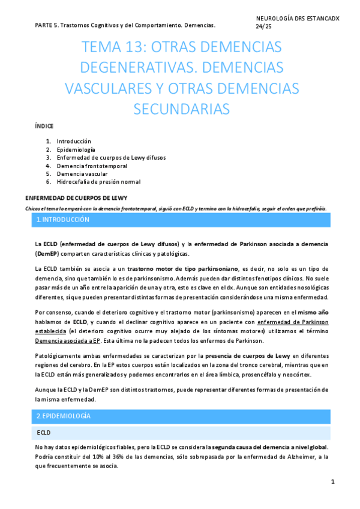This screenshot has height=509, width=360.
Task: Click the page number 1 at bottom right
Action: click(332, 482)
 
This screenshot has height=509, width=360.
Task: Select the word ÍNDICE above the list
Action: click(44, 126)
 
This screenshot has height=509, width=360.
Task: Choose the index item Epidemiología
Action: click(76, 149)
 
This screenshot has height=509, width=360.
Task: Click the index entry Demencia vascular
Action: click(82, 173)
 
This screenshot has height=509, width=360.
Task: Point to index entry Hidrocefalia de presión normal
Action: click(98, 182)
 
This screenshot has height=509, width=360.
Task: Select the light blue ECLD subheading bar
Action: click(43, 432)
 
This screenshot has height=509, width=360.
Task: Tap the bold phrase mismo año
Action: click(313, 312)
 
